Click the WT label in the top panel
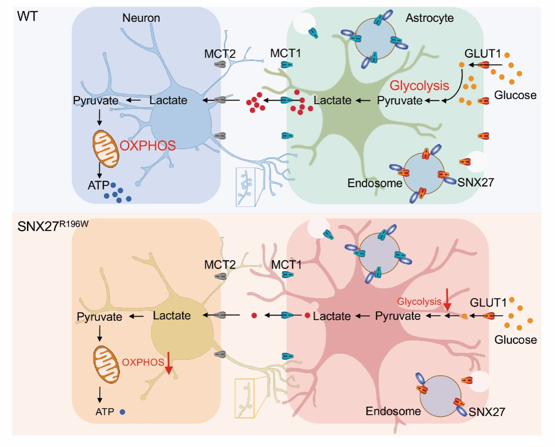coord(27,17)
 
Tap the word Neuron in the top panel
coord(141,18)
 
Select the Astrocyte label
coord(429,18)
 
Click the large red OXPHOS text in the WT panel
coord(148,146)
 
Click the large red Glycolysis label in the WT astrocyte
coord(419,85)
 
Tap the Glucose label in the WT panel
coord(515,95)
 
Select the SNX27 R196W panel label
coord(53,226)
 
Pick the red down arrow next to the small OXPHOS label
coord(169,363)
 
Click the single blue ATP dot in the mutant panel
coord(123,412)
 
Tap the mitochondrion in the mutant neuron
coord(106,364)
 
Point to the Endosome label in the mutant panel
coord(393,411)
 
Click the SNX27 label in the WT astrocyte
coord(475,182)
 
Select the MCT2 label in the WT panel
coord(220,54)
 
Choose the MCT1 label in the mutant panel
coord(286,265)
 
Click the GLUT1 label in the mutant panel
coord(488,302)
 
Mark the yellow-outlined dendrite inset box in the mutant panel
coord(245,398)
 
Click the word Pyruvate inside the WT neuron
coord(95,101)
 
